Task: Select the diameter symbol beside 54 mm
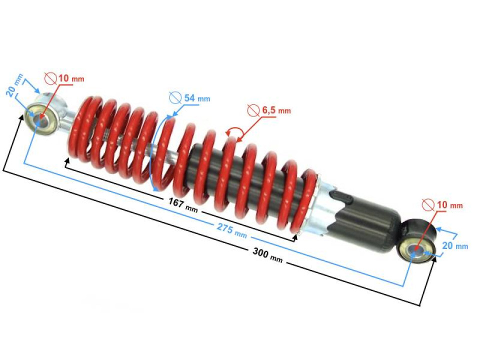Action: pyautogui.click(x=175, y=97)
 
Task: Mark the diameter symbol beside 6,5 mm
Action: pyautogui.click(x=254, y=110)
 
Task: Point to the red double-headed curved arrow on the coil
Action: pyautogui.click(x=234, y=131)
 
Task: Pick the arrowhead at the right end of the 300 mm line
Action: pyautogui.click(x=433, y=260)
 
